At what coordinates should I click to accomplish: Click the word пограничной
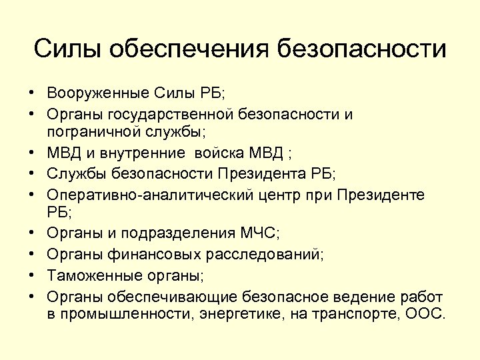96,132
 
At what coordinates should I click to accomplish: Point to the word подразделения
176,234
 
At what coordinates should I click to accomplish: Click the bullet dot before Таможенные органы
31,275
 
